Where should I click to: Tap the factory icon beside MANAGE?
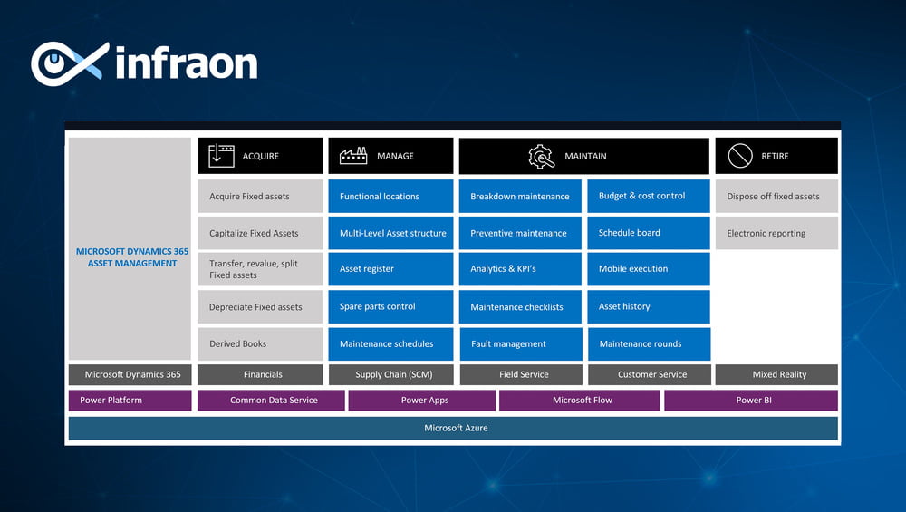coord(353,156)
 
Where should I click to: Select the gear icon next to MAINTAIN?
coord(542,156)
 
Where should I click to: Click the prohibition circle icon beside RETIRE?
coord(740,156)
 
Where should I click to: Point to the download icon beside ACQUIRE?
coord(221,156)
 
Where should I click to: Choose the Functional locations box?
coord(390,197)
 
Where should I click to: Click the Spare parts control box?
coord(390,306)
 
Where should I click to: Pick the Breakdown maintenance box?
coord(520,197)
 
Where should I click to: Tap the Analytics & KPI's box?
coord(520,269)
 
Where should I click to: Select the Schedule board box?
coord(649,233)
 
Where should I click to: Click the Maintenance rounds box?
coord(649,343)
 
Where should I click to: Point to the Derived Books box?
coord(260,343)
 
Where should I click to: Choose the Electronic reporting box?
coord(776,233)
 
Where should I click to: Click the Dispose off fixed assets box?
coord(776,197)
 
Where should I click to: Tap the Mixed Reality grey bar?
coord(776,374)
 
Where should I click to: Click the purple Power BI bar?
coord(751,400)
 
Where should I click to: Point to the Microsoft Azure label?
coord(456,429)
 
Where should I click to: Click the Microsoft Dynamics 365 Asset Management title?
coord(132,257)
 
